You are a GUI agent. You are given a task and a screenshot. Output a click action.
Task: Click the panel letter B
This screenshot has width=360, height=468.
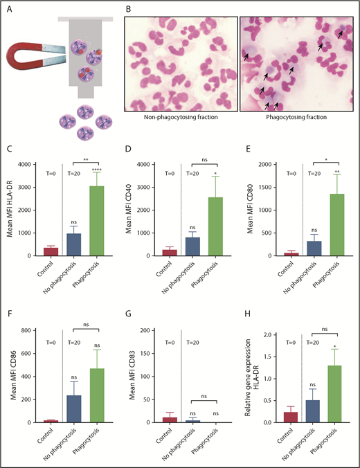pos(126,10)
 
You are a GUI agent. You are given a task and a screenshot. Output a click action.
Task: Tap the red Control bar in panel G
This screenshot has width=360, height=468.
pos(159,420)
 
